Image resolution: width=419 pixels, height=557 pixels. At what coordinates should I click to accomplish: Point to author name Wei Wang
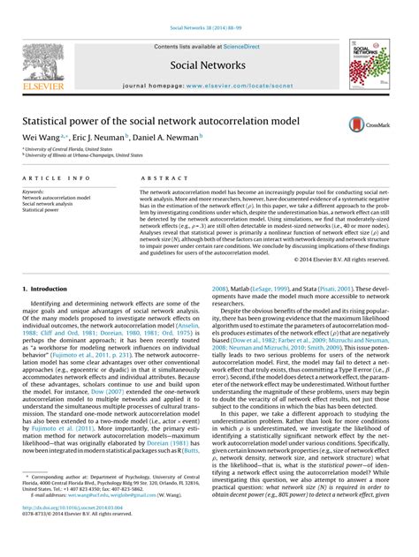pyautogui.click(x=42, y=137)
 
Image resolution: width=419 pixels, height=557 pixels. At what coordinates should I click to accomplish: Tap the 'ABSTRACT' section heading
pyautogui.click(x=158, y=177)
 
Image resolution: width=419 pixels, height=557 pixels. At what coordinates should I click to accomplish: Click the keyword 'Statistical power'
pyautogui.click(x=42, y=209)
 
